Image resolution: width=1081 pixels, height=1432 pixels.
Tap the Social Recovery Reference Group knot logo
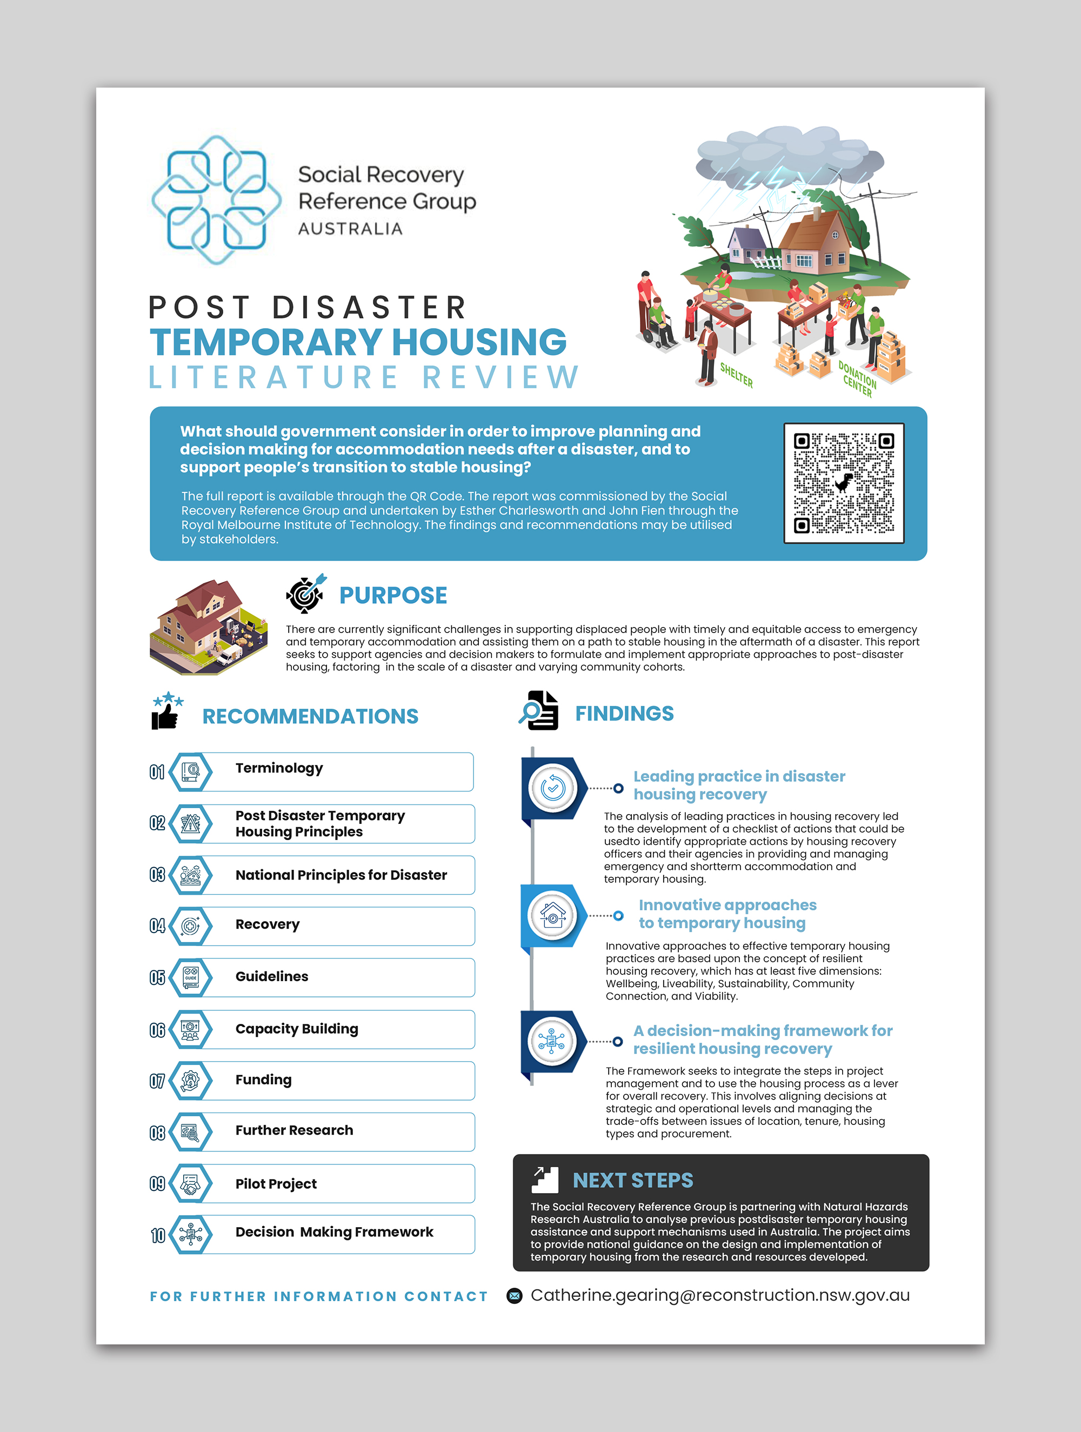(216, 199)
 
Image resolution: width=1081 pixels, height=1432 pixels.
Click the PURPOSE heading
(393, 596)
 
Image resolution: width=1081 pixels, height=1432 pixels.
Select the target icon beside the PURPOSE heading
(305, 594)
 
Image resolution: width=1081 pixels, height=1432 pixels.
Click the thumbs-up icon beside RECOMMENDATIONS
(166, 711)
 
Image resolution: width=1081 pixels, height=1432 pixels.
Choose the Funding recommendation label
(263, 1080)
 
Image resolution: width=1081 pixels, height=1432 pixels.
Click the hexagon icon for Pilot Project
(190, 1183)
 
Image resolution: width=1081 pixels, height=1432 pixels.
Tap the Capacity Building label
(297, 1029)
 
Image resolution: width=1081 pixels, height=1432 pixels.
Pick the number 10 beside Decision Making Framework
(158, 1236)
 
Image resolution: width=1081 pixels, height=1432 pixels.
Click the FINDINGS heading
(624, 714)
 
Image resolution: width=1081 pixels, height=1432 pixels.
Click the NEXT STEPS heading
(632, 1180)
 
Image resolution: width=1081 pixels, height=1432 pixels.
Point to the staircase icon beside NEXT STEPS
(544, 1180)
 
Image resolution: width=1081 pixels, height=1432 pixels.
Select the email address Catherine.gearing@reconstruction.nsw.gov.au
(720, 1295)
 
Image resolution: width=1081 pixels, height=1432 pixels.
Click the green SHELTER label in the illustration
(737, 375)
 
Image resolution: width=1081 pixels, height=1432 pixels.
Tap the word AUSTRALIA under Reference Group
(350, 229)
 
